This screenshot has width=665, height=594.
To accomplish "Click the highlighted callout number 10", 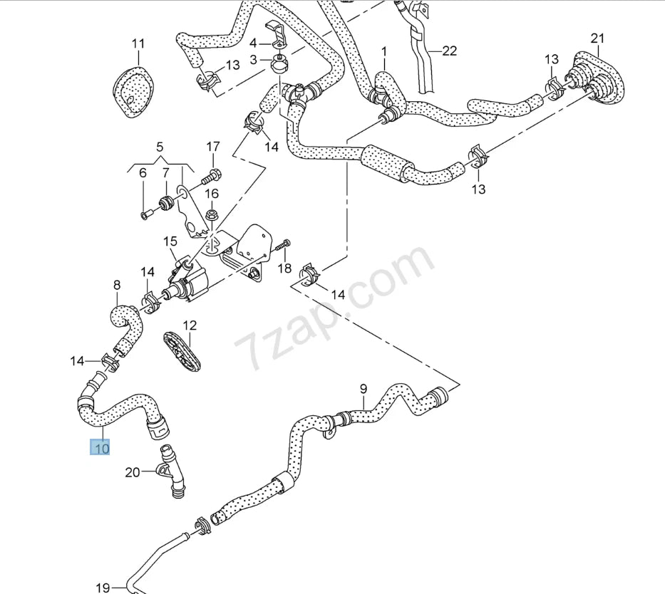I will [100, 449].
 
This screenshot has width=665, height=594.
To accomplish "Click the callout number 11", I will [138, 44].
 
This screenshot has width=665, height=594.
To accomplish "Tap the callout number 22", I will [449, 51].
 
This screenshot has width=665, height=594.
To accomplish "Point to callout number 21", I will [597, 38].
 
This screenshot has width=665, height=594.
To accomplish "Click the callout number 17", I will [213, 147].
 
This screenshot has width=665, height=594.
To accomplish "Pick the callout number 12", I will [189, 325].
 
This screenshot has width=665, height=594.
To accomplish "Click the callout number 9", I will [363, 389].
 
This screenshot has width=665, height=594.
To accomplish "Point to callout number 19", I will [103, 588].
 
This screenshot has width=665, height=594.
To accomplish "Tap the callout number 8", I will [117, 286].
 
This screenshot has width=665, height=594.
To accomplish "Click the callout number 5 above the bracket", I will [160, 148].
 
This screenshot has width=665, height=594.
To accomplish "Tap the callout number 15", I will [170, 242].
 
